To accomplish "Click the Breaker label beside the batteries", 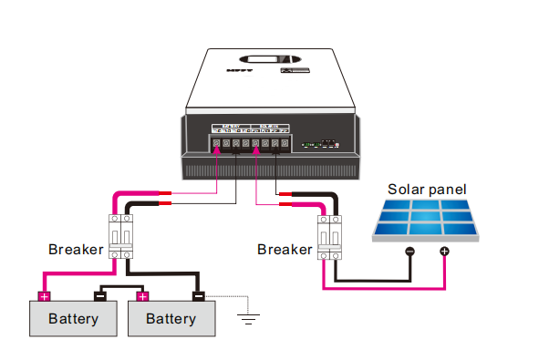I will pyautogui.click(x=75, y=249).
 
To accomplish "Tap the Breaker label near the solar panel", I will pyautogui.click(x=285, y=249).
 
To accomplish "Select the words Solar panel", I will pyautogui.click(x=427, y=190).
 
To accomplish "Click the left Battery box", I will pyautogui.click(x=73, y=319).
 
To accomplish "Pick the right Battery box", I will pyautogui.click(x=171, y=319).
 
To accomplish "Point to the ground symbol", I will pyautogui.click(x=247, y=318).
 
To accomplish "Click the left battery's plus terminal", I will pyautogui.click(x=43, y=295).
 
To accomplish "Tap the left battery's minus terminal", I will pyautogui.click(x=101, y=295).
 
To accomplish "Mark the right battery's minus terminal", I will pyautogui.click(x=199, y=295).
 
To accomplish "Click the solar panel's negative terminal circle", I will pyautogui.click(x=409, y=251).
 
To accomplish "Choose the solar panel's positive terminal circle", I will pyautogui.click(x=444, y=251).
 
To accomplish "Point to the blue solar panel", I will pyautogui.click(x=427, y=221).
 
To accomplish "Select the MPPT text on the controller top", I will pyautogui.click(x=240, y=68).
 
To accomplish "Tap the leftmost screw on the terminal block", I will pyautogui.click(x=216, y=143).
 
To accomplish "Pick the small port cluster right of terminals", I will pyautogui.click(x=318, y=143).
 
